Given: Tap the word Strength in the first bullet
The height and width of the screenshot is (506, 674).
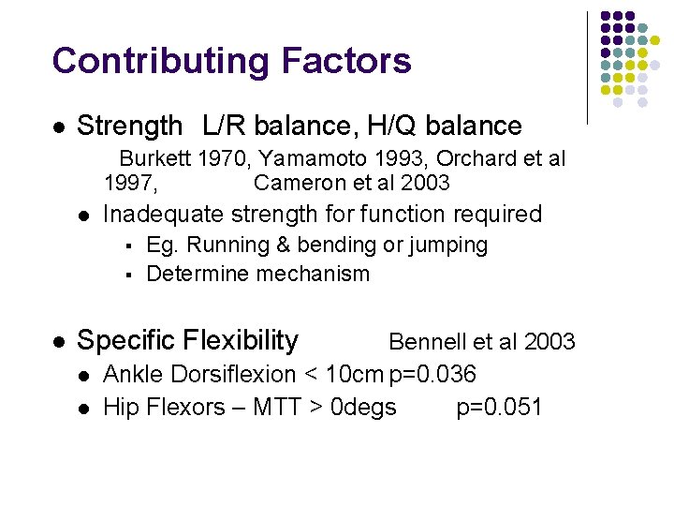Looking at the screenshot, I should click(129, 126).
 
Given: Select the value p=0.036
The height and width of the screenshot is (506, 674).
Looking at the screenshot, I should click(432, 375).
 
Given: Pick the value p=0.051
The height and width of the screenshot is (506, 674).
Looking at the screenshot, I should click(499, 408).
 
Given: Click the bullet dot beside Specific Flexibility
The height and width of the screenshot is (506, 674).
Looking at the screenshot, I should click(59, 341).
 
